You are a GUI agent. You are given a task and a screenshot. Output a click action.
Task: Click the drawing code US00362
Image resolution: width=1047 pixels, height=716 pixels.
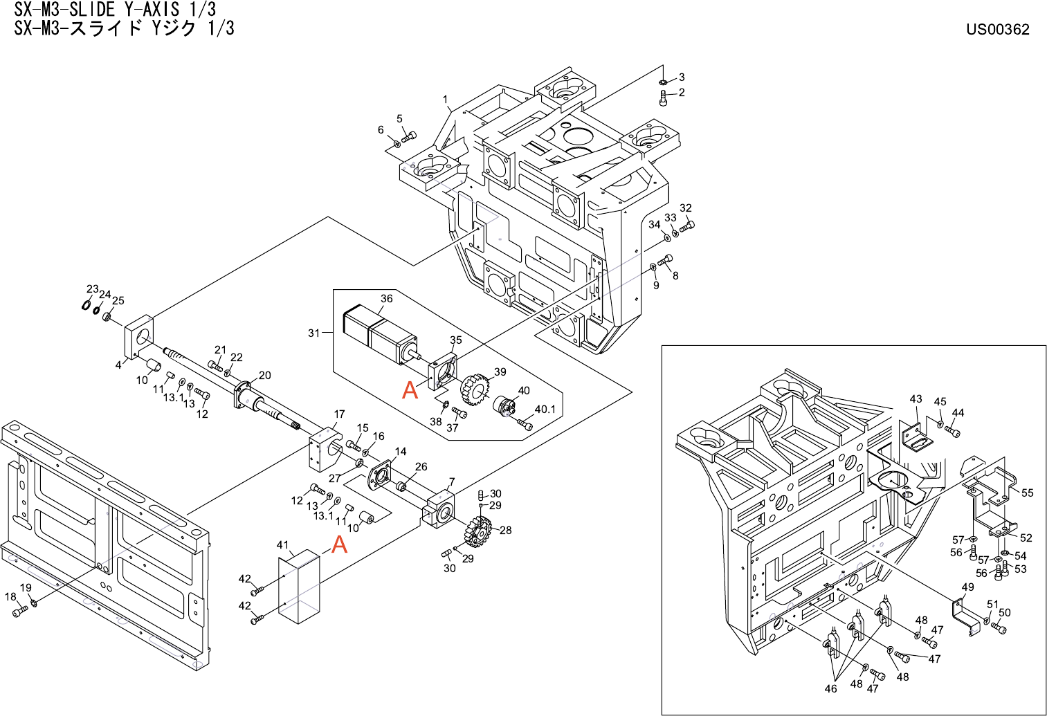(x=997, y=29)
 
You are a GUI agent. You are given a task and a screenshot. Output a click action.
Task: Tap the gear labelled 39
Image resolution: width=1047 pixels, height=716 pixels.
(x=474, y=389)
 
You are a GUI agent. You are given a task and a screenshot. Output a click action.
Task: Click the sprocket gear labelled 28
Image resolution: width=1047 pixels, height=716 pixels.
(x=477, y=532)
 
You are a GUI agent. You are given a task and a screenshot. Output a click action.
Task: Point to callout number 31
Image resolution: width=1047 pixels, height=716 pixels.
(x=313, y=333)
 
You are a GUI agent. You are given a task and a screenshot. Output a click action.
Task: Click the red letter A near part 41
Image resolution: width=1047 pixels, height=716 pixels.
(x=339, y=545)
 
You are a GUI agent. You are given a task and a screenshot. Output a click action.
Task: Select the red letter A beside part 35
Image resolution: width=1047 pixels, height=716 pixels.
(x=410, y=390)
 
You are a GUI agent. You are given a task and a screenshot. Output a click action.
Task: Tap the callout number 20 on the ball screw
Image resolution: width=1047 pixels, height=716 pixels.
(x=264, y=376)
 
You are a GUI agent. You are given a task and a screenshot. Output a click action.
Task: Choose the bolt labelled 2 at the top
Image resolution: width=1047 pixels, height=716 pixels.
(x=664, y=98)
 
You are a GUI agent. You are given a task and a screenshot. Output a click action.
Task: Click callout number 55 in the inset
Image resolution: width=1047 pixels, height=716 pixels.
(x=1027, y=493)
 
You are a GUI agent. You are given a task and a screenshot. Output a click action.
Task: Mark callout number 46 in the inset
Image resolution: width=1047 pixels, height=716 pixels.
(x=830, y=688)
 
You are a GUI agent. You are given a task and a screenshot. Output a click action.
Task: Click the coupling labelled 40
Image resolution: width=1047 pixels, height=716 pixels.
(x=504, y=407)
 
